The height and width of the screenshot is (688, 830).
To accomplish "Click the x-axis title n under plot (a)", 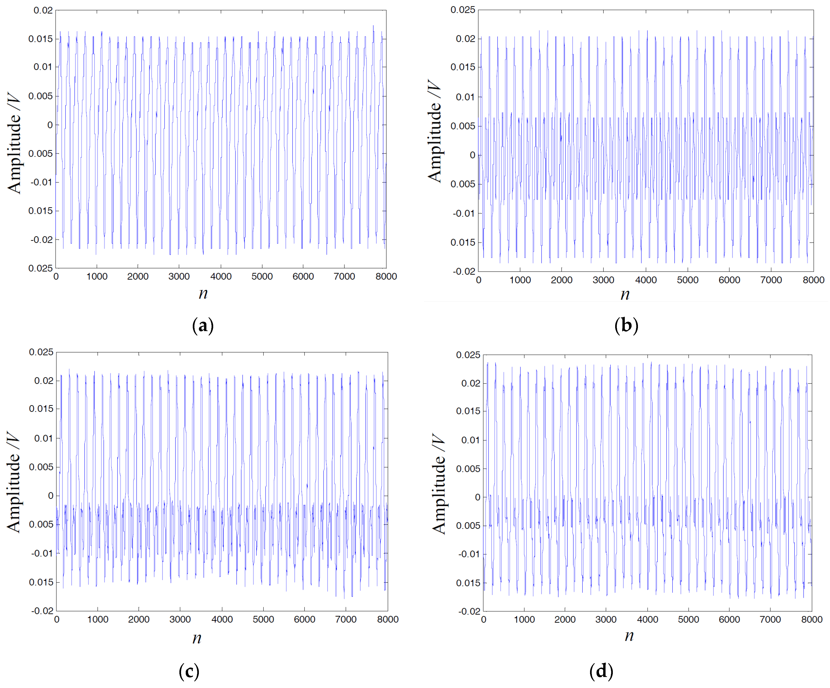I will tap(203, 293).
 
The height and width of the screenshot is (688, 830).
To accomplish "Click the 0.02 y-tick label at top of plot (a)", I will tap(43, 10).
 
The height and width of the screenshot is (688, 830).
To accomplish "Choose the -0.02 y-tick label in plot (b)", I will tap(464, 271).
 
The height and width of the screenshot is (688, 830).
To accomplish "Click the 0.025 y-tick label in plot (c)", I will tap(41, 352).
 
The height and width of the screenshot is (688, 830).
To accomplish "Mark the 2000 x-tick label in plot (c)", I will tap(139, 619).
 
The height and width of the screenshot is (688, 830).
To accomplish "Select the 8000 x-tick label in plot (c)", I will tap(388, 619).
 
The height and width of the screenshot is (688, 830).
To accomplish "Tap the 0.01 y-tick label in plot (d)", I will tap(470, 440).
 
